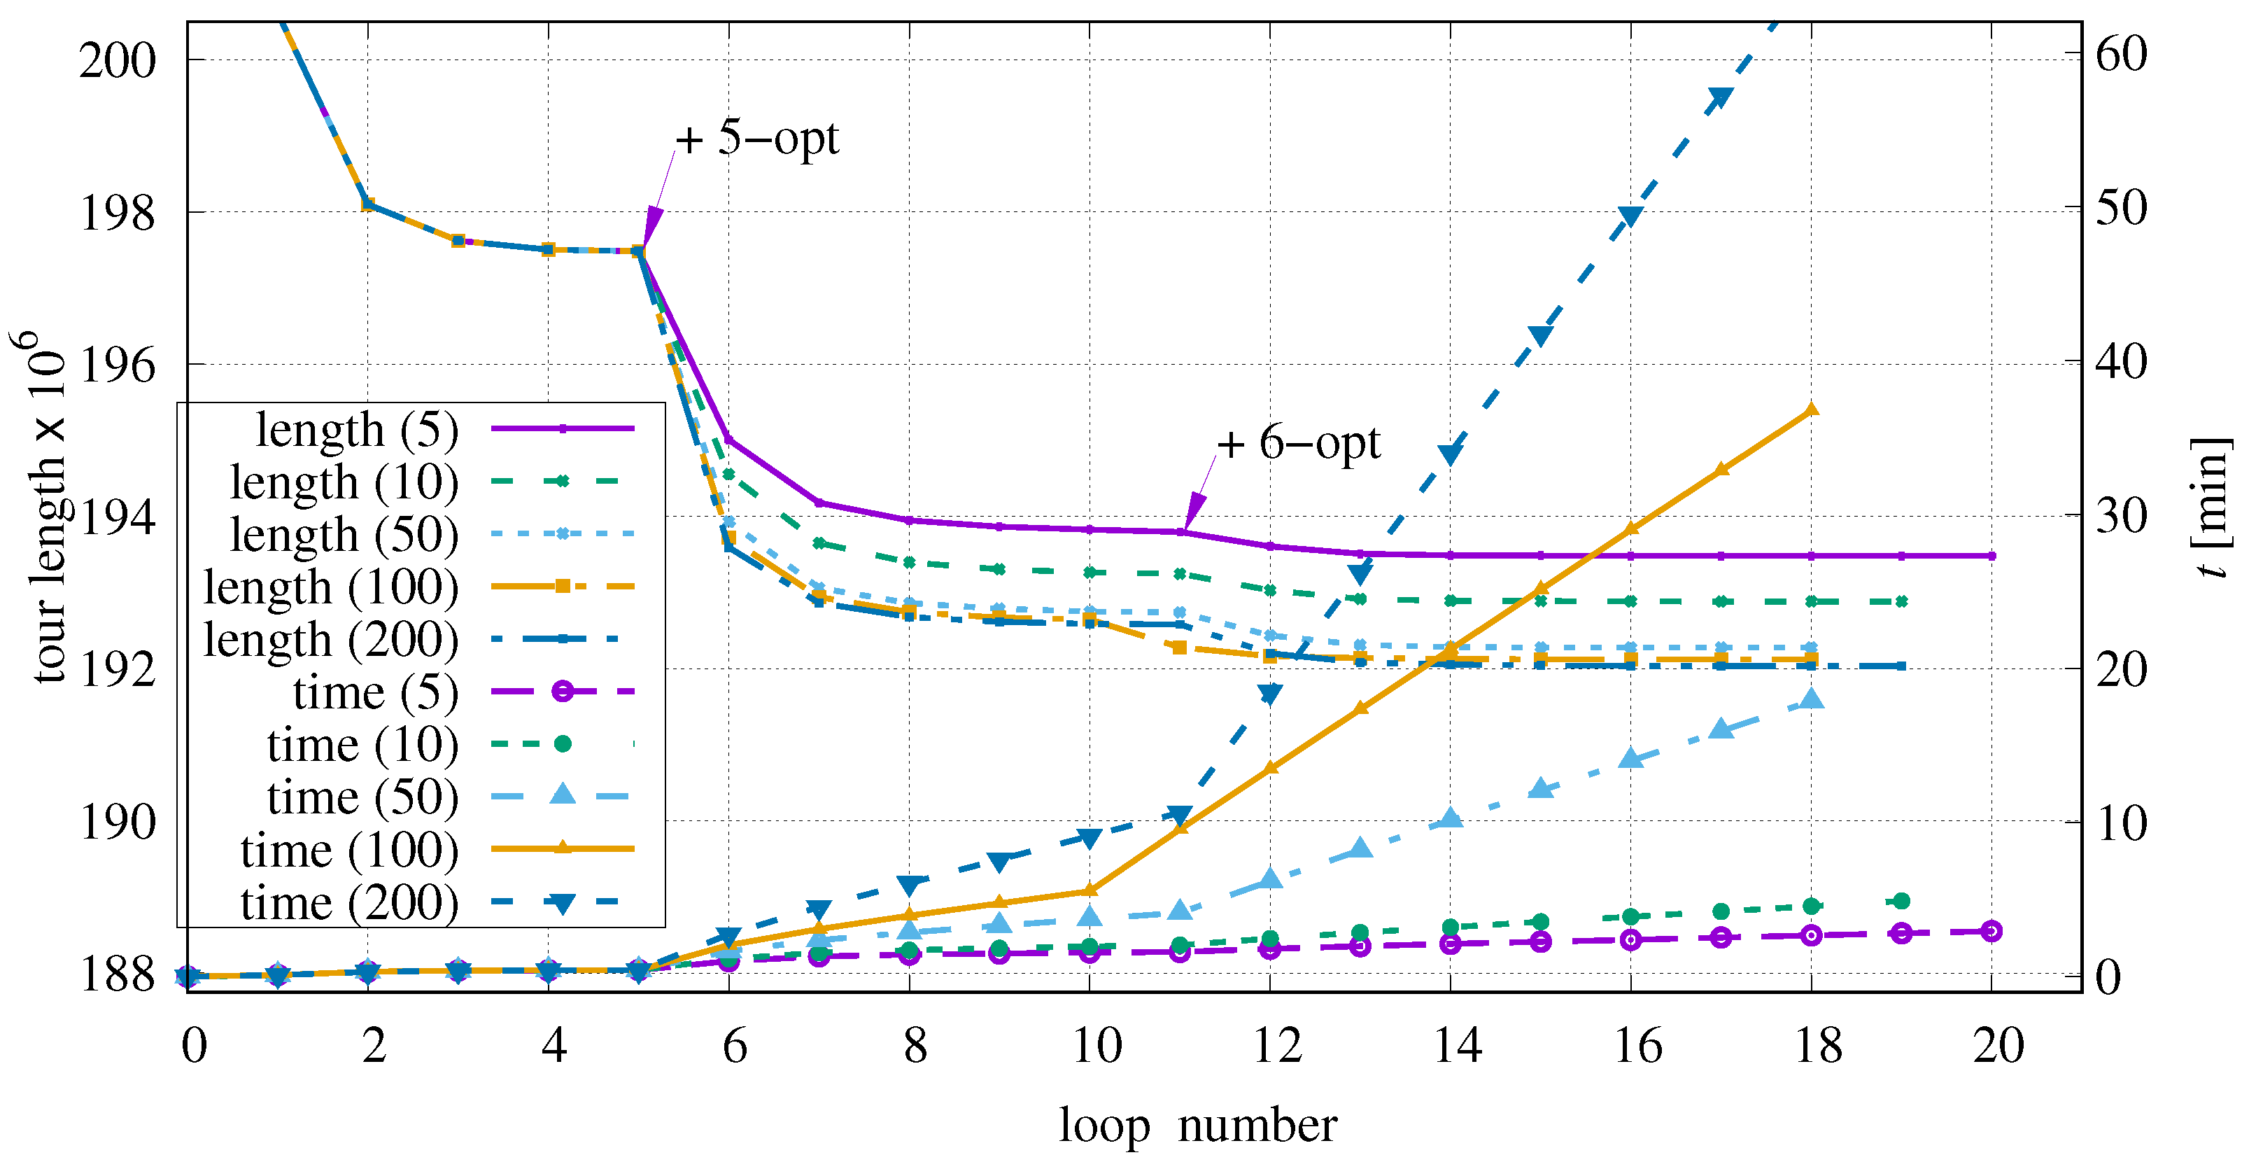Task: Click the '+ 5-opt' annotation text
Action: [757, 139]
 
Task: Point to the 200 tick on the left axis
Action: [118, 61]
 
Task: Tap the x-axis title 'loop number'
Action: [1197, 1126]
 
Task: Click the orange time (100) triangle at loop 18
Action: [1811, 409]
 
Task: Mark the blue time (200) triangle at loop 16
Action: [1631, 217]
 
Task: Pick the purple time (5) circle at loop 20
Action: [1991, 931]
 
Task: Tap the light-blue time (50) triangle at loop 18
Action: [1811, 699]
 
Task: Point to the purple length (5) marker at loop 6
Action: [729, 440]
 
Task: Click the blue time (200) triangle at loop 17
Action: [1721, 99]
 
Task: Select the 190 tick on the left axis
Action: [118, 822]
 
